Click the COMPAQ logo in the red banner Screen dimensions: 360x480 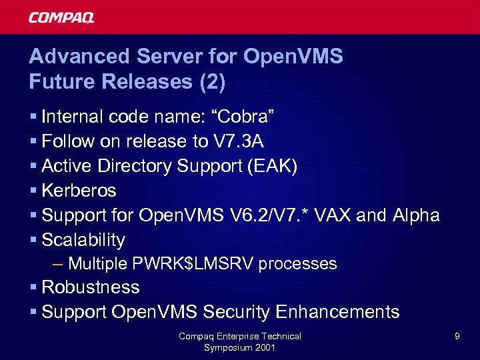(61, 17)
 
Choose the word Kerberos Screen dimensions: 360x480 (79, 191)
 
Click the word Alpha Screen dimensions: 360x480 (415, 215)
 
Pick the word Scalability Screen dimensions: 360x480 (83, 240)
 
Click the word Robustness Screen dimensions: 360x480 (91, 287)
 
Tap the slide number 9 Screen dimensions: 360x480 (457, 337)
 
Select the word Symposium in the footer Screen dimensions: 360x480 (227, 347)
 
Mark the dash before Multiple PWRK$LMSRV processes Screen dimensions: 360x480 (57, 264)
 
